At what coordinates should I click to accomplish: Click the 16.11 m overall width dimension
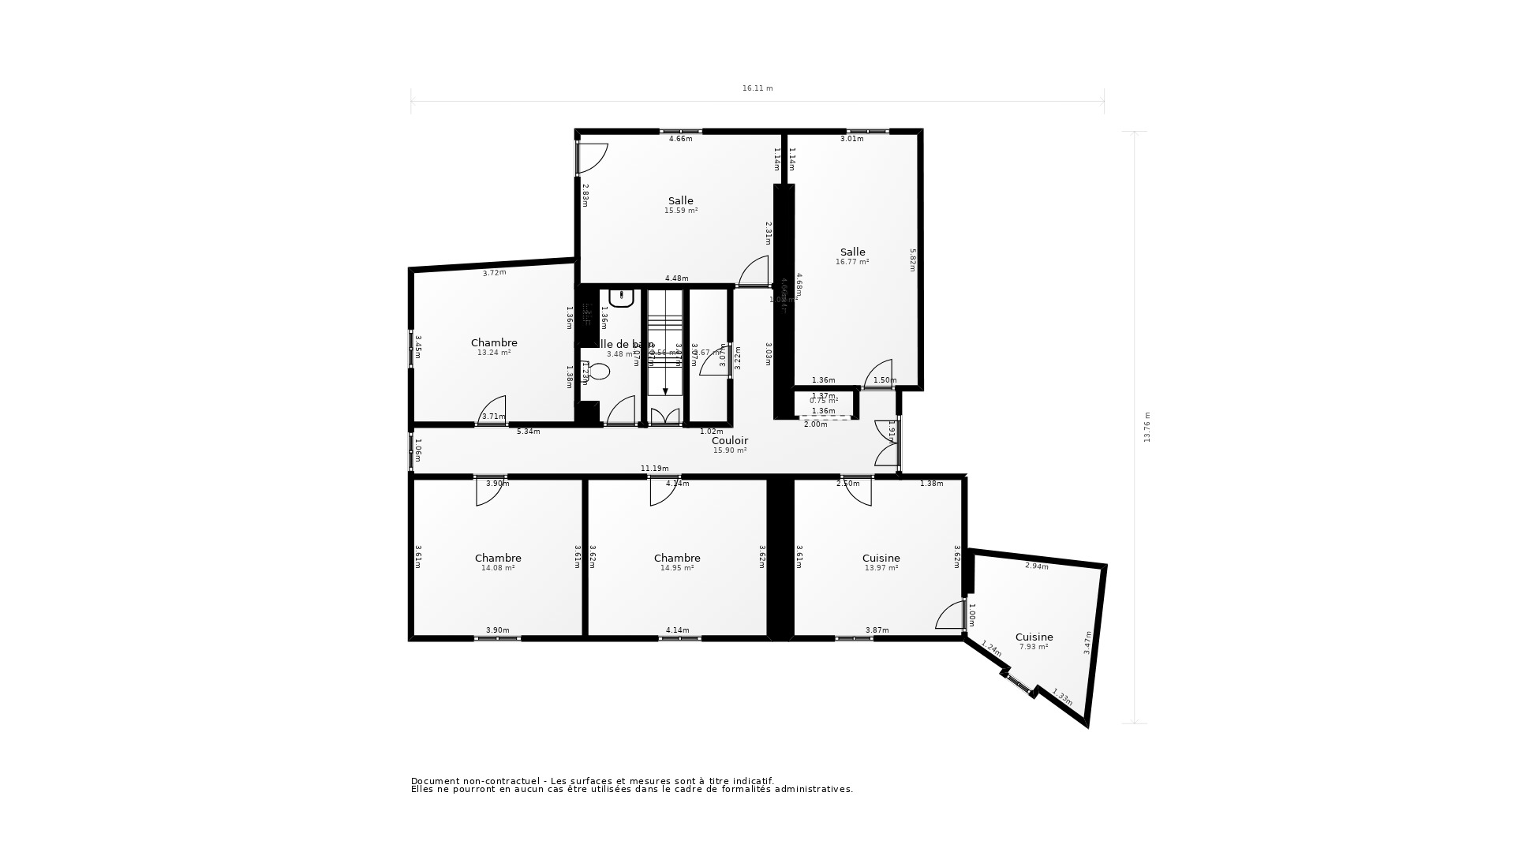click(757, 88)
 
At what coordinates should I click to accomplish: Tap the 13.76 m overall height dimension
click(1147, 427)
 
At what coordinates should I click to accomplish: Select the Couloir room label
click(730, 441)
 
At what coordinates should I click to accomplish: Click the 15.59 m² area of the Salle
click(681, 211)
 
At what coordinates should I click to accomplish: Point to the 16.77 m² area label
click(852, 262)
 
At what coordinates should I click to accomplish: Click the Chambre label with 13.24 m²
click(494, 342)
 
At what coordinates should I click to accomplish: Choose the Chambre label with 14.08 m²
click(498, 558)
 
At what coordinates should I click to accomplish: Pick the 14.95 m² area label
click(677, 568)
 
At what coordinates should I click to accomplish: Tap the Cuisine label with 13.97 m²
click(881, 558)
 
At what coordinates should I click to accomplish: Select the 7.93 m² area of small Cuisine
click(1034, 647)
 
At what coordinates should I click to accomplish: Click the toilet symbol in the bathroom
click(598, 370)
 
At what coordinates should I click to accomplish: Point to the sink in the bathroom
click(622, 298)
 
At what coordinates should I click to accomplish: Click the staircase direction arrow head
click(665, 391)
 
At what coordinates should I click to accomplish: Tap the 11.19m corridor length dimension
click(655, 469)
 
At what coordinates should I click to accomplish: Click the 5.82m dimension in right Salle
click(913, 260)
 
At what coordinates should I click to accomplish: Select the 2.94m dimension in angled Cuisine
click(1037, 566)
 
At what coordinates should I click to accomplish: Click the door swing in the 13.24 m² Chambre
click(494, 410)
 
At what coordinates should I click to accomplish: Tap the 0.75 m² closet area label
click(824, 401)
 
